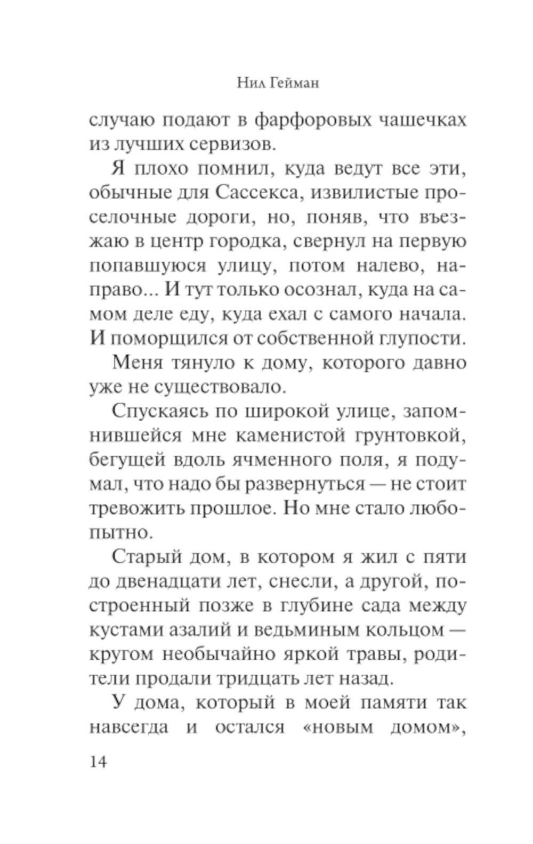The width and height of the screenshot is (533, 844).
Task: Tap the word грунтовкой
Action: click(x=409, y=436)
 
